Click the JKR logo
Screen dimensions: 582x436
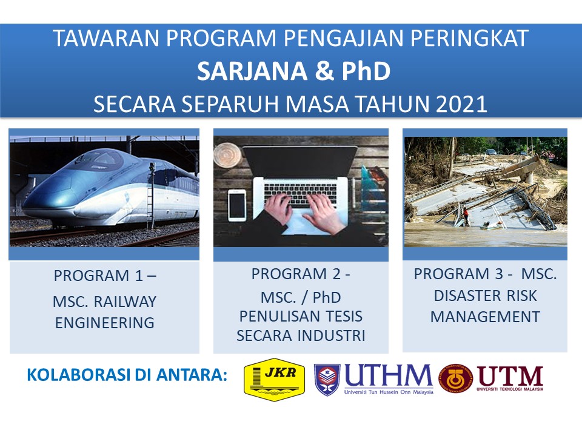coord(274,379)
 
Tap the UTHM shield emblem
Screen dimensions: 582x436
coord(327,380)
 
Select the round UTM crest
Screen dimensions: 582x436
coord(456,378)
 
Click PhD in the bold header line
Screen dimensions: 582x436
coord(366,71)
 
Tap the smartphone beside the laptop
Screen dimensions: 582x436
coord(237,205)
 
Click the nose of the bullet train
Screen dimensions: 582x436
coord(32,208)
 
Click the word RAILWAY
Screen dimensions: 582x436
coord(125,302)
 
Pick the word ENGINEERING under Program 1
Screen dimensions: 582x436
coord(105,323)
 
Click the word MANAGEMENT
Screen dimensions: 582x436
coord(485,317)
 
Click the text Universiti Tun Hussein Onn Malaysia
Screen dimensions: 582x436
coord(389,392)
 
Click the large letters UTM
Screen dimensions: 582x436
coord(510,376)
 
